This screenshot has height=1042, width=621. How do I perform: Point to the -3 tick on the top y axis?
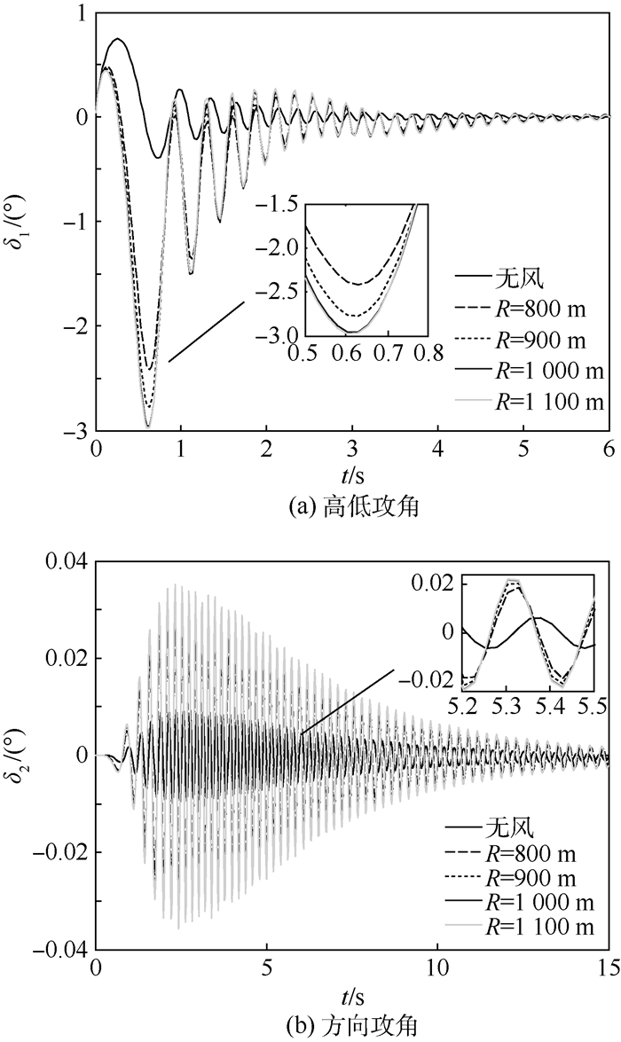pos(77,430)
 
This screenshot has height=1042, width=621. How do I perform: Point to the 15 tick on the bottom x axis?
pos(606,966)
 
